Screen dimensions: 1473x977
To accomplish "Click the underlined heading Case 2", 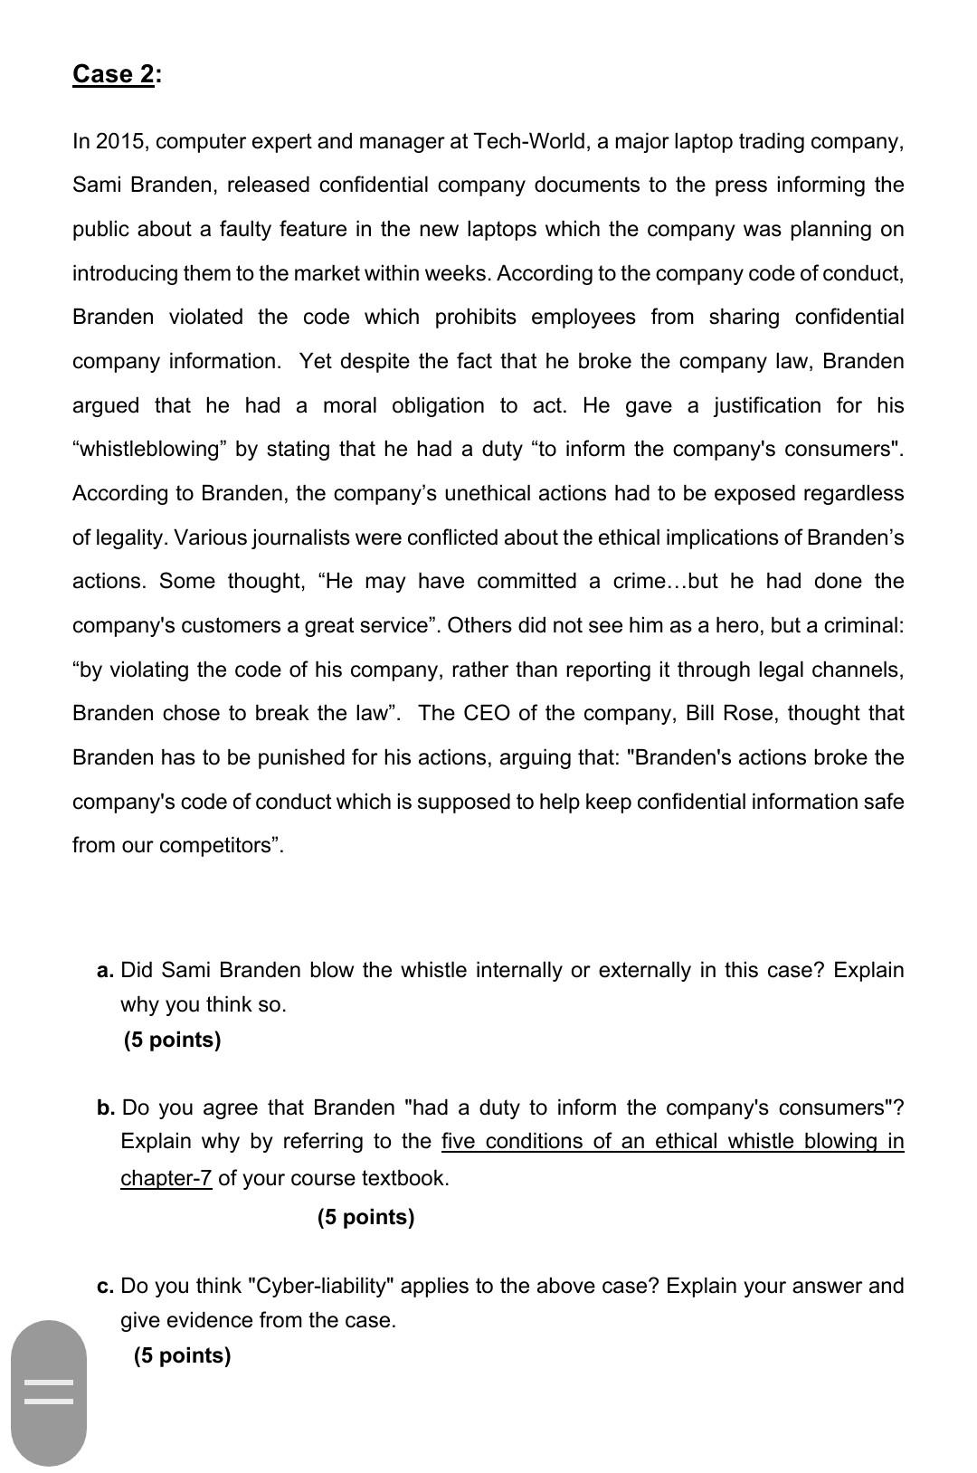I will point(113,73).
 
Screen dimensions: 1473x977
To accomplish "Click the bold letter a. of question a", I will point(105,971).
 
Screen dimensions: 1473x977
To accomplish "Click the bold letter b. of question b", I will point(106,1108).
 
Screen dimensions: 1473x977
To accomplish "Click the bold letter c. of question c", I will point(105,1287).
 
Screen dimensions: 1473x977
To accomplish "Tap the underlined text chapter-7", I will point(166,1178).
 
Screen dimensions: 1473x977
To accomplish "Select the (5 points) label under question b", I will point(365,1218).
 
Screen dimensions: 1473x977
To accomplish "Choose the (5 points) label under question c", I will point(182,1355).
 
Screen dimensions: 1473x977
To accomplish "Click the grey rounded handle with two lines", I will point(49,1392).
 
